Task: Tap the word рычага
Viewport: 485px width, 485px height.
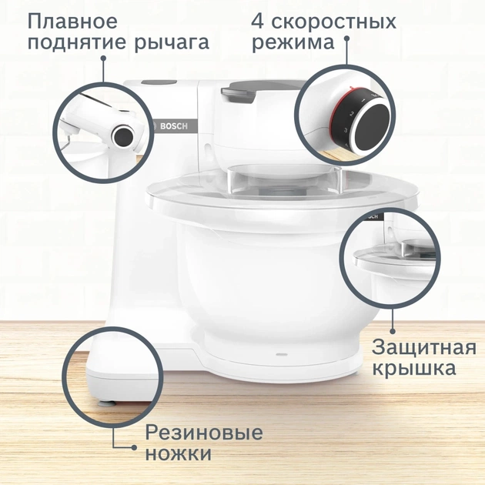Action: [174, 43]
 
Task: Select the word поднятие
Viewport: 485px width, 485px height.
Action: [79, 43]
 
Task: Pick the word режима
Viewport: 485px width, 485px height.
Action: [293, 43]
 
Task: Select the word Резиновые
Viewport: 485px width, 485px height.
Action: [203, 432]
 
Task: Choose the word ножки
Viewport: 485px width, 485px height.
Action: [178, 454]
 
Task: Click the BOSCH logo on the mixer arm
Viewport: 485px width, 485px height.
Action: [166, 126]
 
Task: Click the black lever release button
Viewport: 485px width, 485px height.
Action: [122, 136]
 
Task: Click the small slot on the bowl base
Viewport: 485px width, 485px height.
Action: [280, 356]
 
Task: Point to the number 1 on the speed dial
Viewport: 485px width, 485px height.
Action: [360, 100]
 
